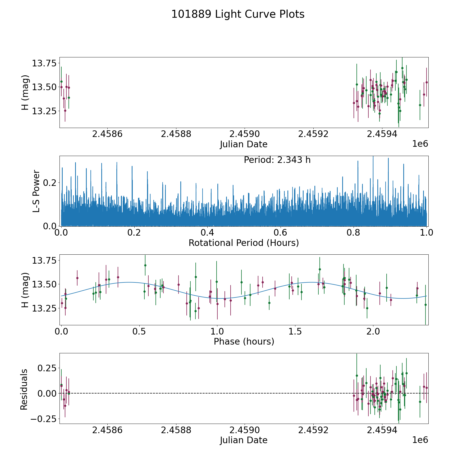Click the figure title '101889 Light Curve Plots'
click(238, 14)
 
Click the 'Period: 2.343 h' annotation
click(277, 160)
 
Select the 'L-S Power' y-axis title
click(36, 191)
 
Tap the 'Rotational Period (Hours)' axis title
click(244, 243)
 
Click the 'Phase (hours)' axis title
click(244, 342)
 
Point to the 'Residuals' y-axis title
click(24, 390)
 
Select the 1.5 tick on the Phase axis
click(295, 331)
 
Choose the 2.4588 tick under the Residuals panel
click(176, 430)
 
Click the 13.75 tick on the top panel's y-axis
click(44, 63)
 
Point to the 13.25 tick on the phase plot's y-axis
click(44, 308)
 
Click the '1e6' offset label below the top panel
click(420, 144)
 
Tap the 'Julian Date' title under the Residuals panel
click(244, 440)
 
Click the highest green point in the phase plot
click(145, 265)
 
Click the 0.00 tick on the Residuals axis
click(47, 393)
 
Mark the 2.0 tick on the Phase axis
click(373, 331)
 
